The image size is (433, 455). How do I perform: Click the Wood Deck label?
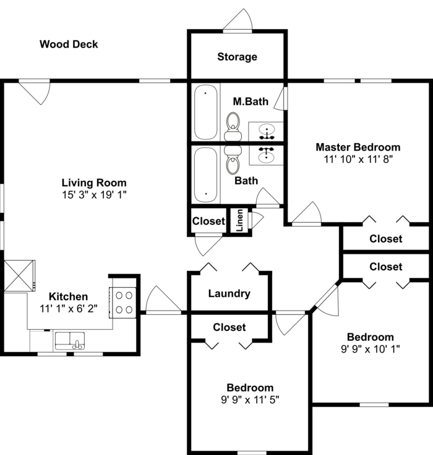pos(69,44)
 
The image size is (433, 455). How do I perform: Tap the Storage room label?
pos(237,57)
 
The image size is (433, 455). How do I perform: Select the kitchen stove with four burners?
pos(124,303)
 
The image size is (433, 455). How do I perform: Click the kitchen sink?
pos(69,340)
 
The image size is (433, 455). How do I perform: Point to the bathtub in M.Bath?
pos(205,112)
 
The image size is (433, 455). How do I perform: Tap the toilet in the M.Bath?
pos(233,125)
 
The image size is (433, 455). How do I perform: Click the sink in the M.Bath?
pos(267,131)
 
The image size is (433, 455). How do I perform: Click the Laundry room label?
pos(229,293)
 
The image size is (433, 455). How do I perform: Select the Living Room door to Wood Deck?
pos(35,91)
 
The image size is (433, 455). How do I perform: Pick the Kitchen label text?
pos(69,296)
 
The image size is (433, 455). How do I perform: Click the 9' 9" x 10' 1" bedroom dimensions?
pos(370,348)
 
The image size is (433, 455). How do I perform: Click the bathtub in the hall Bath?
pos(205,174)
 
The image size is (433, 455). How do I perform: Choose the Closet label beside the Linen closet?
pos(208,221)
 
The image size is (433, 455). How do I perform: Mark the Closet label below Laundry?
pos(229,327)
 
